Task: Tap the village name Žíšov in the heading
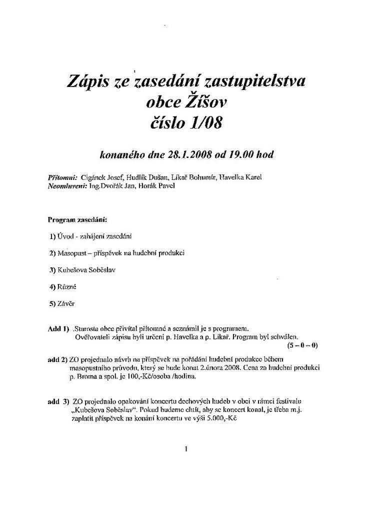point(203,102)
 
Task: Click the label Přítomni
point(62,177)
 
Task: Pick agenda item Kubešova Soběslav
point(87,270)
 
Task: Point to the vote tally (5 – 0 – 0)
point(302,345)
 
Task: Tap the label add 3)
point(58,401)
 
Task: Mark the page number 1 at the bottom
point(186,449)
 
